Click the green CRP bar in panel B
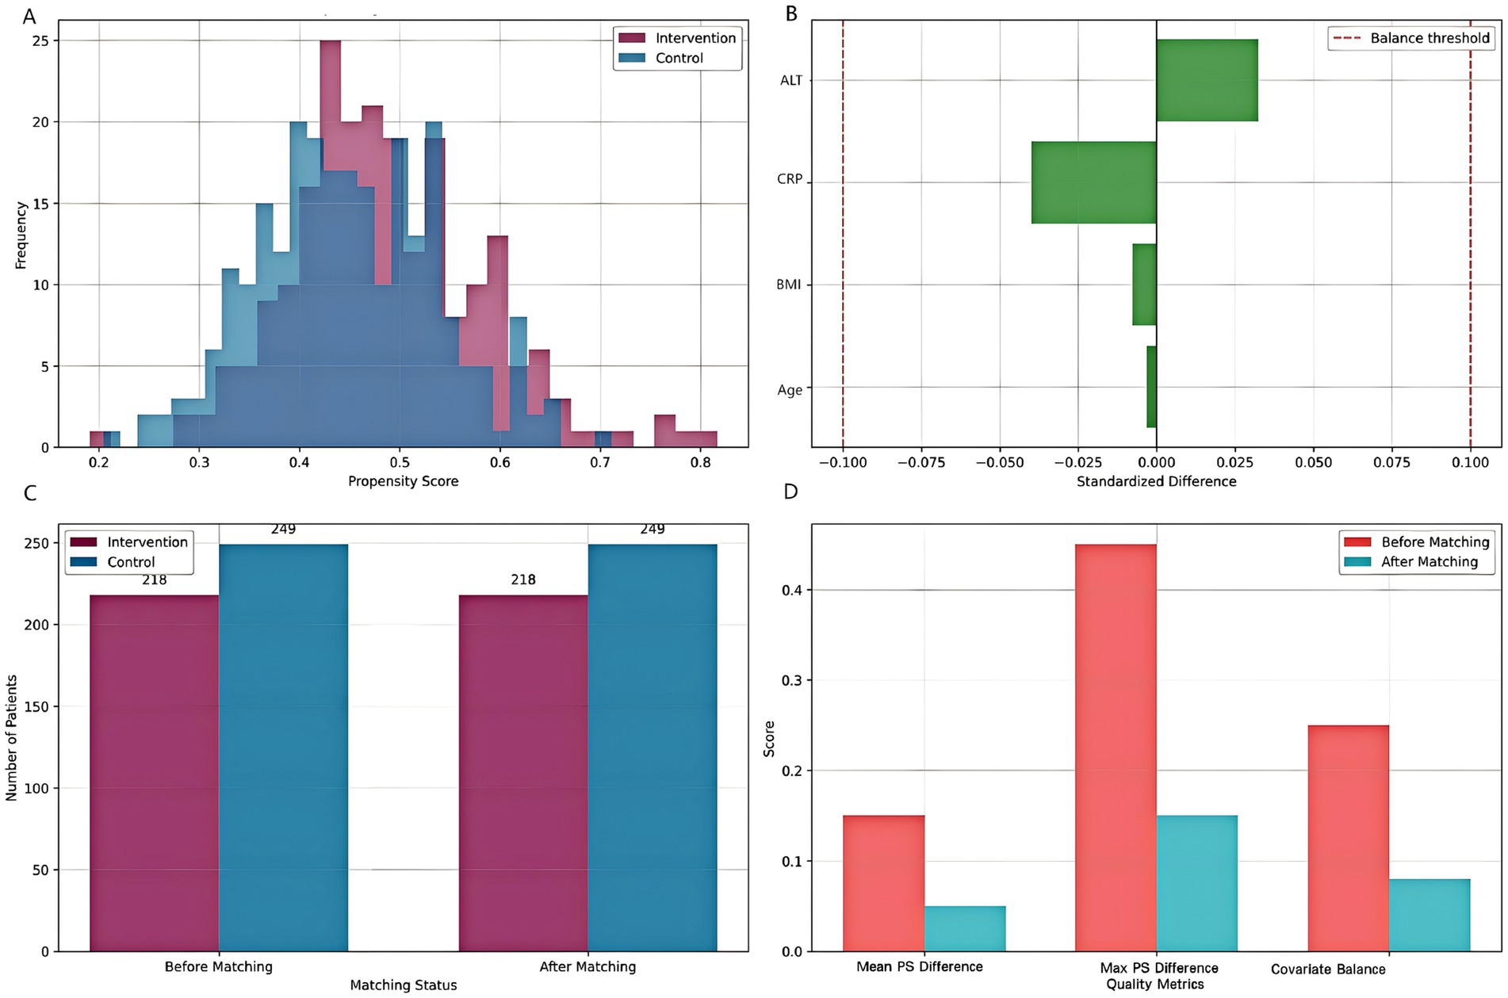pyautogui.click(x=1093, y=182)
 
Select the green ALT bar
pyautogui.click(x=1207, y=80)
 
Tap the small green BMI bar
pyautogui.click(x=1144, y=285)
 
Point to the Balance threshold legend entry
pyautogui.click(x=1410, y=38)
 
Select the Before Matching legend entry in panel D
pyautogui.click(x=1417, y=542)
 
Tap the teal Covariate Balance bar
pyautogui.click(x=1429, y=915)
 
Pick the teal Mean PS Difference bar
pyautogui.click(x=964, y=928)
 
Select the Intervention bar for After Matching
pyautogui.click(x=523, y=772)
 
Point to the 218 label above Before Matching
pyautogui.click(x=155, y=580)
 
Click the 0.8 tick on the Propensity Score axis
pyautogui.click(x=700, y=463)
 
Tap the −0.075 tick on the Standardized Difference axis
pyautogui.click(x=920, y=463)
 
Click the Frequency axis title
pyautogui.click(x=21, y=235)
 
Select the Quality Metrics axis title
pyautogui.click(x=1155, y=985)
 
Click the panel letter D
pyautogui.click(x=790, y=492)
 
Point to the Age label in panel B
pyautogui.click(x=790, y=390)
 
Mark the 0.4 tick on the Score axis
pyautogui.click(x=793, y=590)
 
